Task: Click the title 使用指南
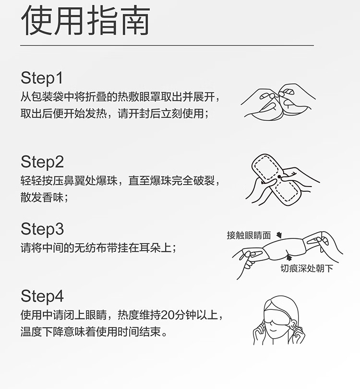pos(85,21)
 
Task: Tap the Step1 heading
pos(42,78)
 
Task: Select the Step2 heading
pos(42,162)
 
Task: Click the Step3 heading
pos(42,229)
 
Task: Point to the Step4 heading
pos(42,296)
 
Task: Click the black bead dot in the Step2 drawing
pos(279,177)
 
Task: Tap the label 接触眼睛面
pos(249,235)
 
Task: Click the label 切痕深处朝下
pos(307,269)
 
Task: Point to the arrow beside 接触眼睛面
pos(279,235)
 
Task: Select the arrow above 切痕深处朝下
pos(288,257)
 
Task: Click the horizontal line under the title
pos(167,46)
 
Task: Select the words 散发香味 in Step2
pos(42,198)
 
